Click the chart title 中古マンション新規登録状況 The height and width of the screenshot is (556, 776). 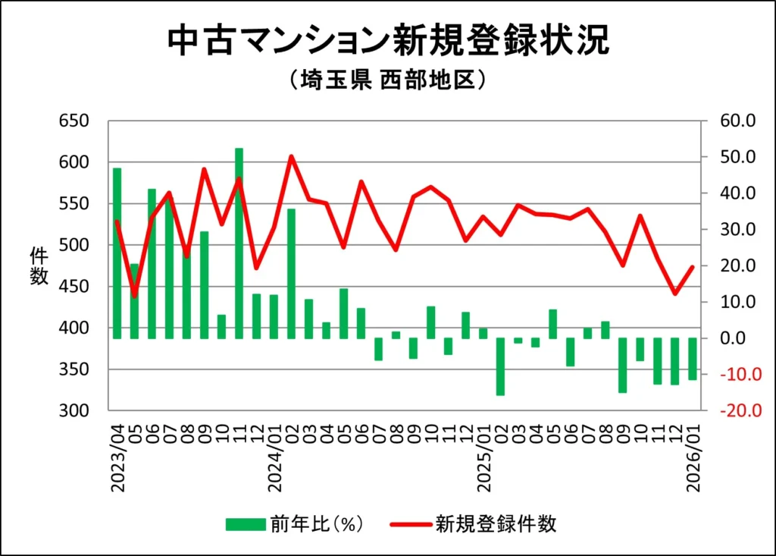pos(387,42)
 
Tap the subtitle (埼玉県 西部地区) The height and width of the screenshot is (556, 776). pos(387,80)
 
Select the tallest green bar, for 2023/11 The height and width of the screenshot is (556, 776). pos(239,243)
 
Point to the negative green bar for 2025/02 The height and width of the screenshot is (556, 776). pos(500,366)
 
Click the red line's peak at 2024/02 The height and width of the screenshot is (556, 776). pos(291,157)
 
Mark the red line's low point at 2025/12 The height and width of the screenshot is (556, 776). pos(674,294)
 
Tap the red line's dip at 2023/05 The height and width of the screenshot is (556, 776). pos(134,296)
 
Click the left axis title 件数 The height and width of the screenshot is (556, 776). pos(39,266)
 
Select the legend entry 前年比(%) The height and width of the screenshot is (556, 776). pos(296,524)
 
